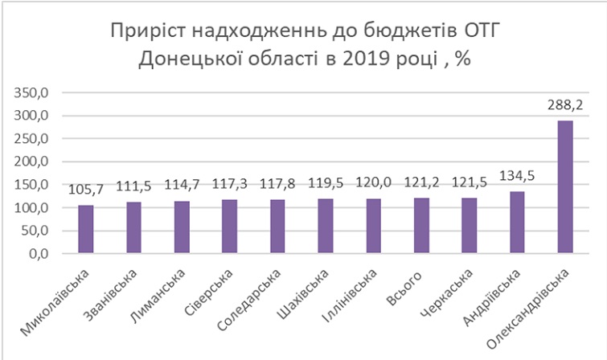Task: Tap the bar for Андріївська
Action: coord(517,223)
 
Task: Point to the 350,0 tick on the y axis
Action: coord(33,92)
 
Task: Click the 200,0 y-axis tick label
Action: coord(33,162)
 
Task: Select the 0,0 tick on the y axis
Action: coord(39,254)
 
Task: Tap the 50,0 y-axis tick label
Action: coord(36,231)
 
